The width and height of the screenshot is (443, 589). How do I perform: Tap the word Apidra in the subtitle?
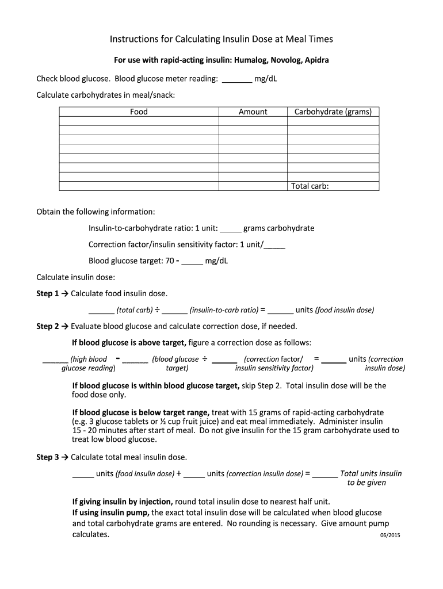tap(316, 60)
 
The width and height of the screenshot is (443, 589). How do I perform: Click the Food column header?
tap(139, 112)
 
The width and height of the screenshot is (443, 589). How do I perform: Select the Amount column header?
tap(253, 112)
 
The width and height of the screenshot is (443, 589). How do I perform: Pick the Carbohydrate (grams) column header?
tap(333, 112)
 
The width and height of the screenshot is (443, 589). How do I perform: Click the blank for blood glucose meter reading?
tap(236, 79)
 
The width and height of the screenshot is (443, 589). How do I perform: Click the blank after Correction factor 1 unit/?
tap(274, 244)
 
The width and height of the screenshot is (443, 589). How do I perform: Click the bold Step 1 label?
tap(48, 293)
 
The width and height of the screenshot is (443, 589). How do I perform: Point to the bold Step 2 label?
tap(48, 326)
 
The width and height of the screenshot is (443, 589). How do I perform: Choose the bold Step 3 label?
tap(48, 457)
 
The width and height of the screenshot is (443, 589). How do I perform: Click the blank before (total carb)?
tap(101, 311)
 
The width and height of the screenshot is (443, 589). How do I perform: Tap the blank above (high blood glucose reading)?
tap(55, 359)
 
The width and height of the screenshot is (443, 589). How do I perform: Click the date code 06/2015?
tap(389, 536)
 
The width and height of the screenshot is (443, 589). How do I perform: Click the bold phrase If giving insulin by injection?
tap(122, 501)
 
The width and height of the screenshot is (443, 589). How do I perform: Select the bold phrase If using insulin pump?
tap(110, 512)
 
